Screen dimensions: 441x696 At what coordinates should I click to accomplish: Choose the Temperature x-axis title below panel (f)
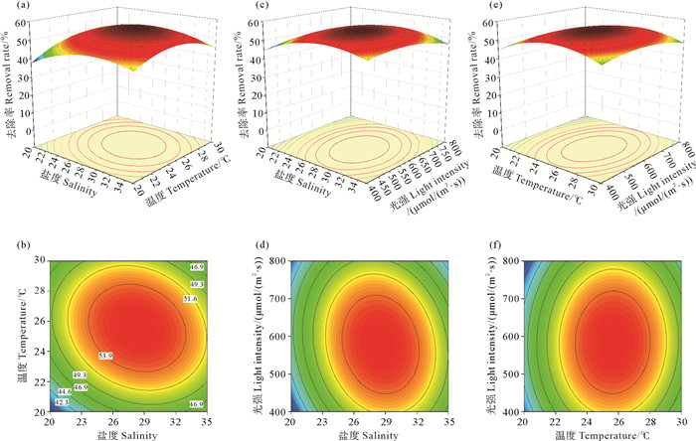[x=590, y=434]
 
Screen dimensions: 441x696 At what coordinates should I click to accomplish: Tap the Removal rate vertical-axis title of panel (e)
[x=481, y=79]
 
